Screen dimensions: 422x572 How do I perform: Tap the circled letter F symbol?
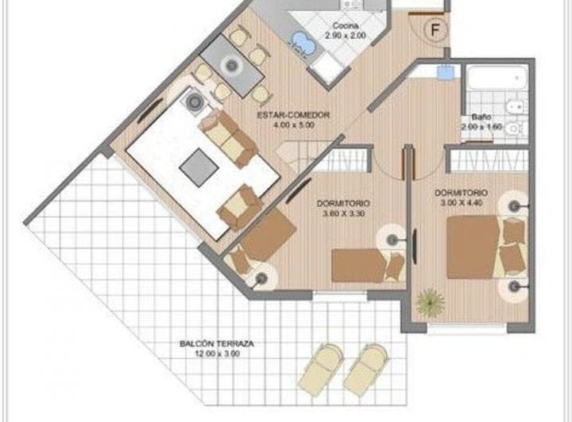coord(434,30)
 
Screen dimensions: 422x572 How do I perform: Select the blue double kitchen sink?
coord(300,43)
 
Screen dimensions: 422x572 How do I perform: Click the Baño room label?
coord(476,117)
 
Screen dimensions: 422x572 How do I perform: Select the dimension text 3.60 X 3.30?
coord(342,213)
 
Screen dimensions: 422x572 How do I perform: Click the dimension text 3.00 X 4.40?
coord(461,203)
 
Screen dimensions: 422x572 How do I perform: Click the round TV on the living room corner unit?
coord(194,101)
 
